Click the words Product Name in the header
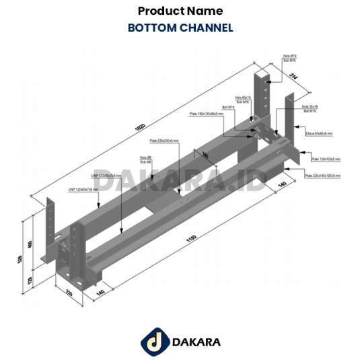pos(180,11)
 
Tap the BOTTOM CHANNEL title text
pos(180,28)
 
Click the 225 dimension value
pos(69,293)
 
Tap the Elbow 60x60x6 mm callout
pos(319,134)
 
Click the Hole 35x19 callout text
pos(309,106)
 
